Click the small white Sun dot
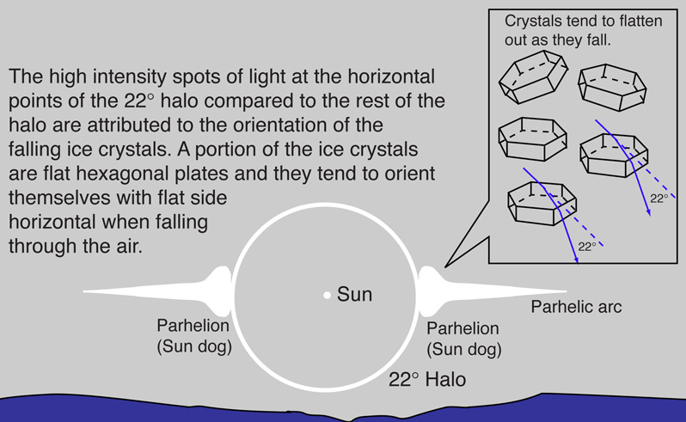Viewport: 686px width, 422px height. click(x=327, y=296)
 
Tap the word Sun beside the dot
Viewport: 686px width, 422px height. click(x=354, y=294)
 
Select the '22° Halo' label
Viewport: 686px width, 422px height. click(x=427, y=379)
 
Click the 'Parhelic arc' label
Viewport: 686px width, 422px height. click(x=576, y=307)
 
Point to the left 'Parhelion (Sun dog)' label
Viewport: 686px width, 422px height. click(x=194, y=336)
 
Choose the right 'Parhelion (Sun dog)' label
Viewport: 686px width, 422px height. click(x=464, y=339)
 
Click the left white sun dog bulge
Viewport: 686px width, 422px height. click(x=221, y=291)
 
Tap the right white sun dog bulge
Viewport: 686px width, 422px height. click(x=430, y=291)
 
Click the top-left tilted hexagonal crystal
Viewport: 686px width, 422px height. click(x=533, y=76)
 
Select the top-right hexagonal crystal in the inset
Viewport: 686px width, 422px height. click(x=612, y=87)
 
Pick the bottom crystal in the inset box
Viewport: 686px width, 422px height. click(x=542, y=204)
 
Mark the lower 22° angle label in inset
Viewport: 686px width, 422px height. click(x=587, y=247)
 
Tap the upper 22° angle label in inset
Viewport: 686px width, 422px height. click(x=658, y=199)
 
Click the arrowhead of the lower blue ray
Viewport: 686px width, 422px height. click(x=577, y=260)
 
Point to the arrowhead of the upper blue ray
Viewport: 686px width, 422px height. click(x=649, y=212)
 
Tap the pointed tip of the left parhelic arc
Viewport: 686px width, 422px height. click(x=84, y=291)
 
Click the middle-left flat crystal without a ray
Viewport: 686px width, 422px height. click(x=533, y=138)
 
